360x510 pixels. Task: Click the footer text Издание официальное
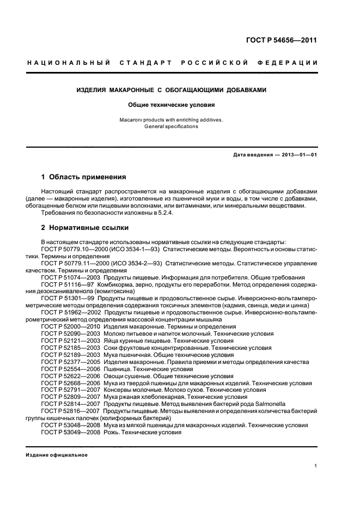pyautogui.click(x=57, y=455)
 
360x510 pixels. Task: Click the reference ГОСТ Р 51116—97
pyautogui.click(x=65, y=284)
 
